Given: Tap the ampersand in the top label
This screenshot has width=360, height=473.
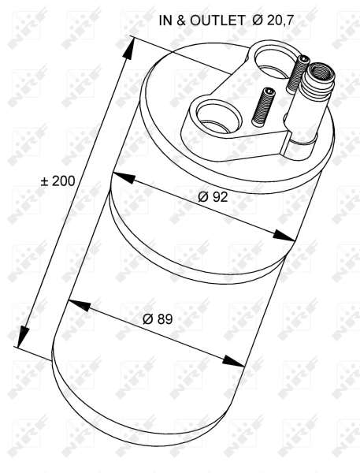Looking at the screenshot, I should tap(180, 22).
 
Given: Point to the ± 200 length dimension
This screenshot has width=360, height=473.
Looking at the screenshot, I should tap(58, 181).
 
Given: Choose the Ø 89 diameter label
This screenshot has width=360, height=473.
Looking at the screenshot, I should tap(158, 319).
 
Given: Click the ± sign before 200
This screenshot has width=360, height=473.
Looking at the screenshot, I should tap(45, 181).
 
